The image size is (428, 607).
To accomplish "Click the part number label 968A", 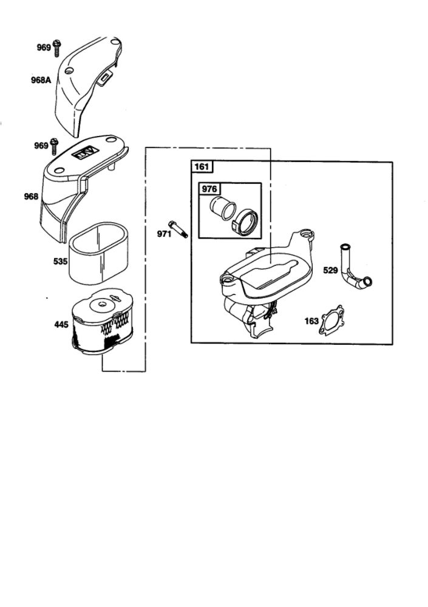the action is tap(41, 81).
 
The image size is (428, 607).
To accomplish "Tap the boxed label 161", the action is tap(202, 167).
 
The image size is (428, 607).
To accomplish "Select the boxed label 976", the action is tap(209, 189).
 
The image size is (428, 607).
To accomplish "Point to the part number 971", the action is tap(164, 234).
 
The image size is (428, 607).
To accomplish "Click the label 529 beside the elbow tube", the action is tap(330, 270).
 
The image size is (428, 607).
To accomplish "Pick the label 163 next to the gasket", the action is tap(311, 321).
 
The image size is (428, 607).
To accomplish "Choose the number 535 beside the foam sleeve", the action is tap(61, 262).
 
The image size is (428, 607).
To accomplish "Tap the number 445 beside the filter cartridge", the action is tap(61, 325).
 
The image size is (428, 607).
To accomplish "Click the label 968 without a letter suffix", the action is tap(32, 197).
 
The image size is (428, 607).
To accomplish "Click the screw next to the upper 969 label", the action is tap(57, 47).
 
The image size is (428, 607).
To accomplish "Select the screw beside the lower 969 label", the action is tap(54, 147).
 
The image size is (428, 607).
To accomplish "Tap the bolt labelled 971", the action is tap(178, 229).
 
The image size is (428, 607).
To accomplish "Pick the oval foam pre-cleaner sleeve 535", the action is tap(99, 254).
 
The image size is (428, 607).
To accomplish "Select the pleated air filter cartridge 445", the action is tap(102, 321).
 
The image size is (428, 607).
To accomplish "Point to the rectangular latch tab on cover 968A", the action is tap(104, 78).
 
